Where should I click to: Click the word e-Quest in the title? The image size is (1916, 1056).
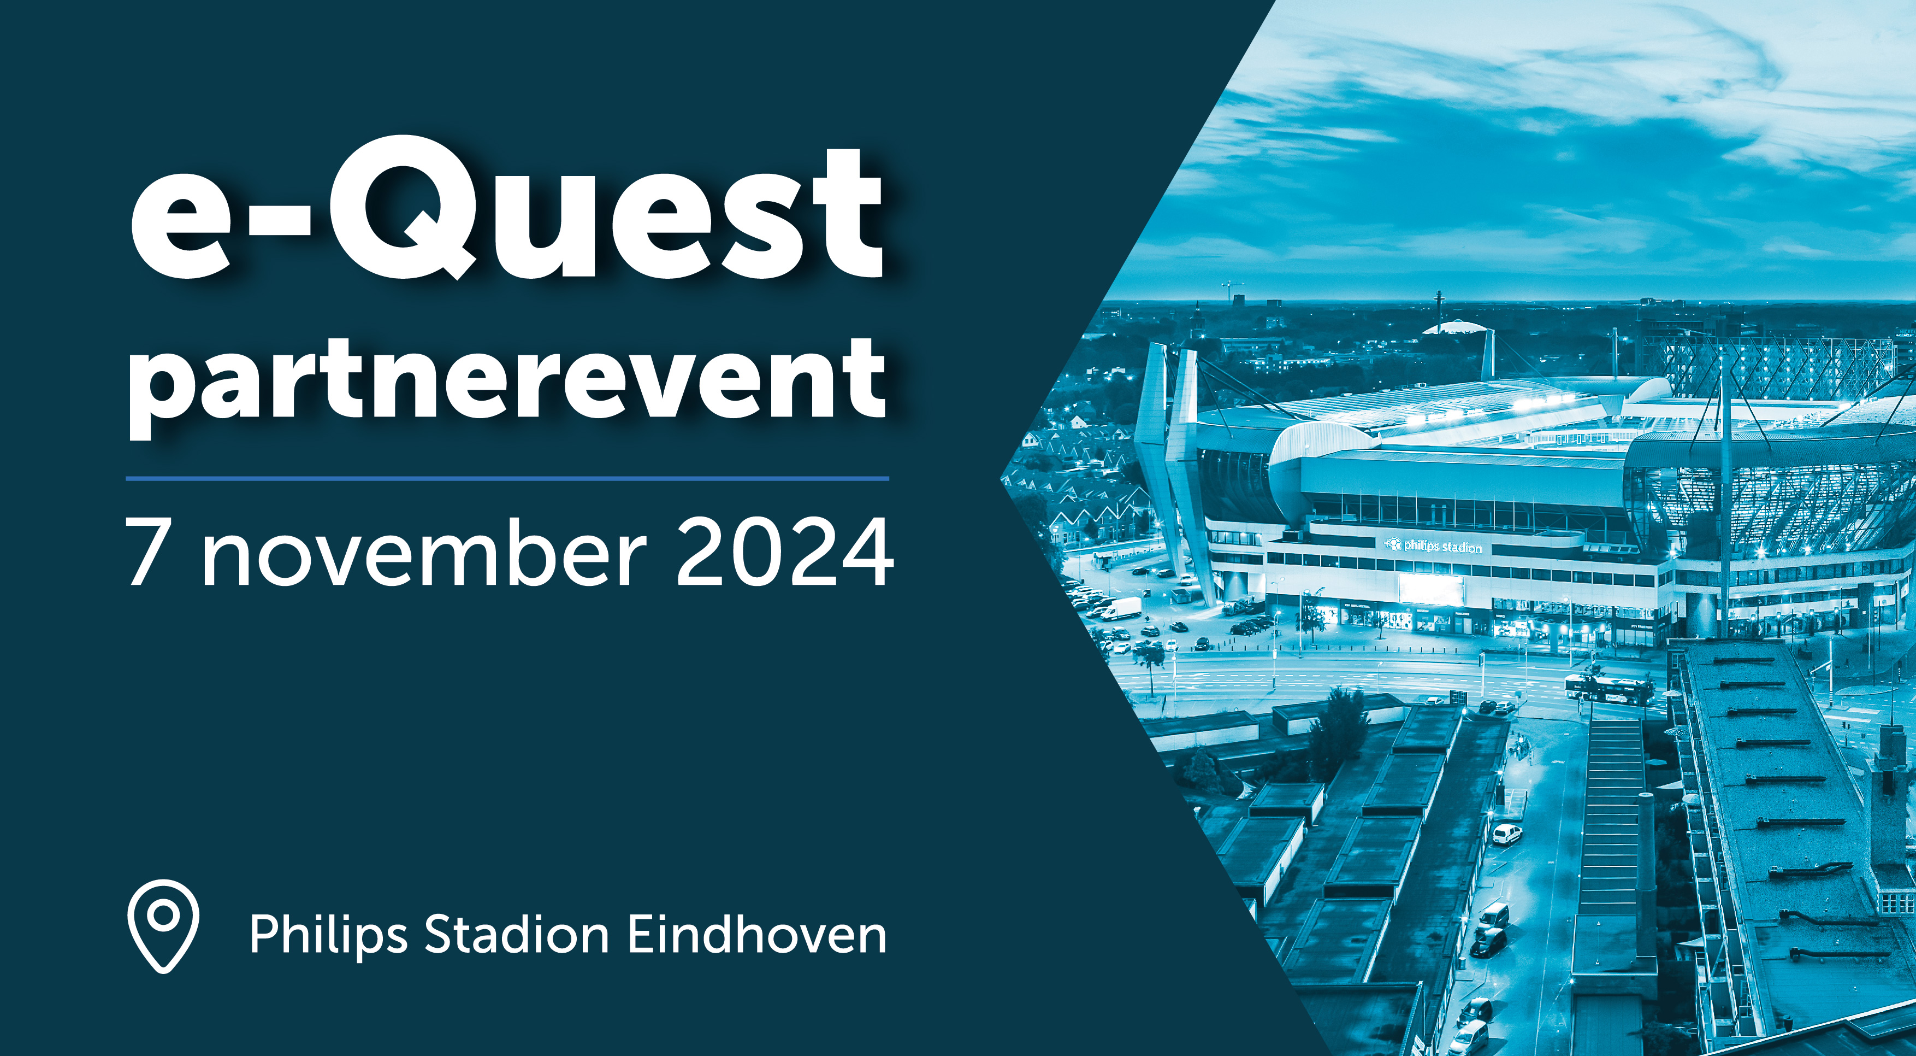[506, 208]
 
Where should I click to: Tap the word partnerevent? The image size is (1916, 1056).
[507, 387]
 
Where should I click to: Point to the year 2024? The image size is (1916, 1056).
[785, 551]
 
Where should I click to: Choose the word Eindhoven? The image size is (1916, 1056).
[757, 934]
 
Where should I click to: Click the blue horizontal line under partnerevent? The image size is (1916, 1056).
[507, 478]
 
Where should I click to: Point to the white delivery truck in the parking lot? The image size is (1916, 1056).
[1120, 609]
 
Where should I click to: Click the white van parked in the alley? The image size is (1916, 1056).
[1507, 834]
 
